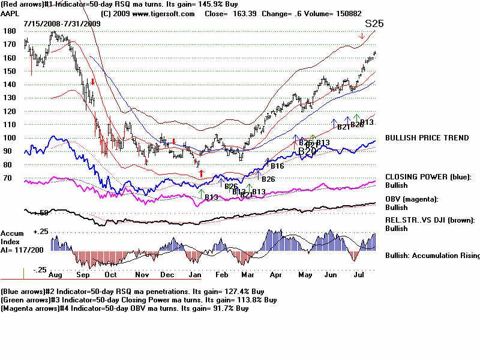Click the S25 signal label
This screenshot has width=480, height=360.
coord(374,24)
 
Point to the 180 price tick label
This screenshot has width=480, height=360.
coord(8,31)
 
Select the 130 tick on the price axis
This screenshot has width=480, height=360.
coord(8,97)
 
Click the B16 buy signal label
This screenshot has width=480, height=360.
coord(277,166)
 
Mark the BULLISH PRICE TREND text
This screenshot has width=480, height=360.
coord(427,138)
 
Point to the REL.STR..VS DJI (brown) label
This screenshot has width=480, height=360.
coord(430,220)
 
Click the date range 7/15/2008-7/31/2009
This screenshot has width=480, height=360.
coord(62,23)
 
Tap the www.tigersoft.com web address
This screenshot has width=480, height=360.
coord(157,13)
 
